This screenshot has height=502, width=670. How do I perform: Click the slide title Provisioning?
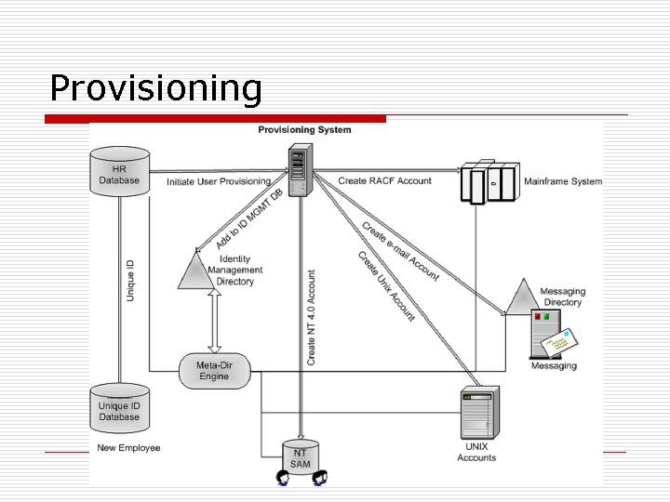(x=155, y=88)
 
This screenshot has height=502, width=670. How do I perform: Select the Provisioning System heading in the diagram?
(x=304, y=130)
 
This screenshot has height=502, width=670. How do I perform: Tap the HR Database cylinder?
(x=119, y=172)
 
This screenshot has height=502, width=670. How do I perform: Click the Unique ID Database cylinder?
(x=119, y=410)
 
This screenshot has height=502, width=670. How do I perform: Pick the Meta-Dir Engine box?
(x=213, y=371)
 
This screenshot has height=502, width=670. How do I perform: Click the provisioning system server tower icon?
(x=299, y=172)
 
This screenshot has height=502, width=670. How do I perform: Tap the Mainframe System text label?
(x=562, y=181)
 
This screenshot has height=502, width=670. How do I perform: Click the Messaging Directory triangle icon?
(x=522, y=297)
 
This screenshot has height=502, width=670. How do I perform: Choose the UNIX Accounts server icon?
(x=476, y=415)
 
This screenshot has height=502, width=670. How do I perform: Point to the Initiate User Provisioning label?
(x=219, y=181)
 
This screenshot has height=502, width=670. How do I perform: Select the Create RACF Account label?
(x=384, y=180)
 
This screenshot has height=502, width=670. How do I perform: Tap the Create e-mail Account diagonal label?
(x=400, y=251)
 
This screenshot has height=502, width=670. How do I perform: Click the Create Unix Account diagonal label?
(x=386, y=286)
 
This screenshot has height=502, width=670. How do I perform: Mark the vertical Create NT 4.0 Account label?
(x=311, y=316)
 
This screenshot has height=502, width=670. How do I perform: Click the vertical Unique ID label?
(x=130, y=280)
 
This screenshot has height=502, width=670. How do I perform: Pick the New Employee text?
(x=129, y=448)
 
